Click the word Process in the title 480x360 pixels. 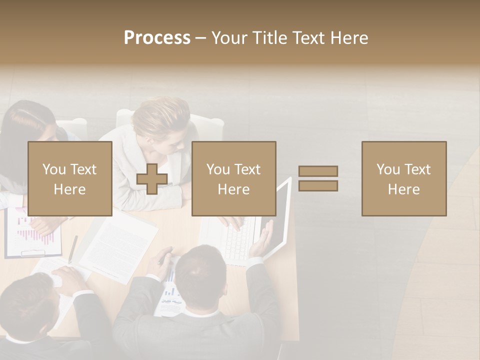point(157,38)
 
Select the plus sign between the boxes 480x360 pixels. point(152,179)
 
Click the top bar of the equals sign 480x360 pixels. point(318,171)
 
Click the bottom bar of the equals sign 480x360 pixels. point(318,186)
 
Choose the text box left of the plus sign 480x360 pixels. point(70,178)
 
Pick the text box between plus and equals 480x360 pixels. point(234,178)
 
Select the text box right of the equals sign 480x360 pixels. point(404,178)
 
